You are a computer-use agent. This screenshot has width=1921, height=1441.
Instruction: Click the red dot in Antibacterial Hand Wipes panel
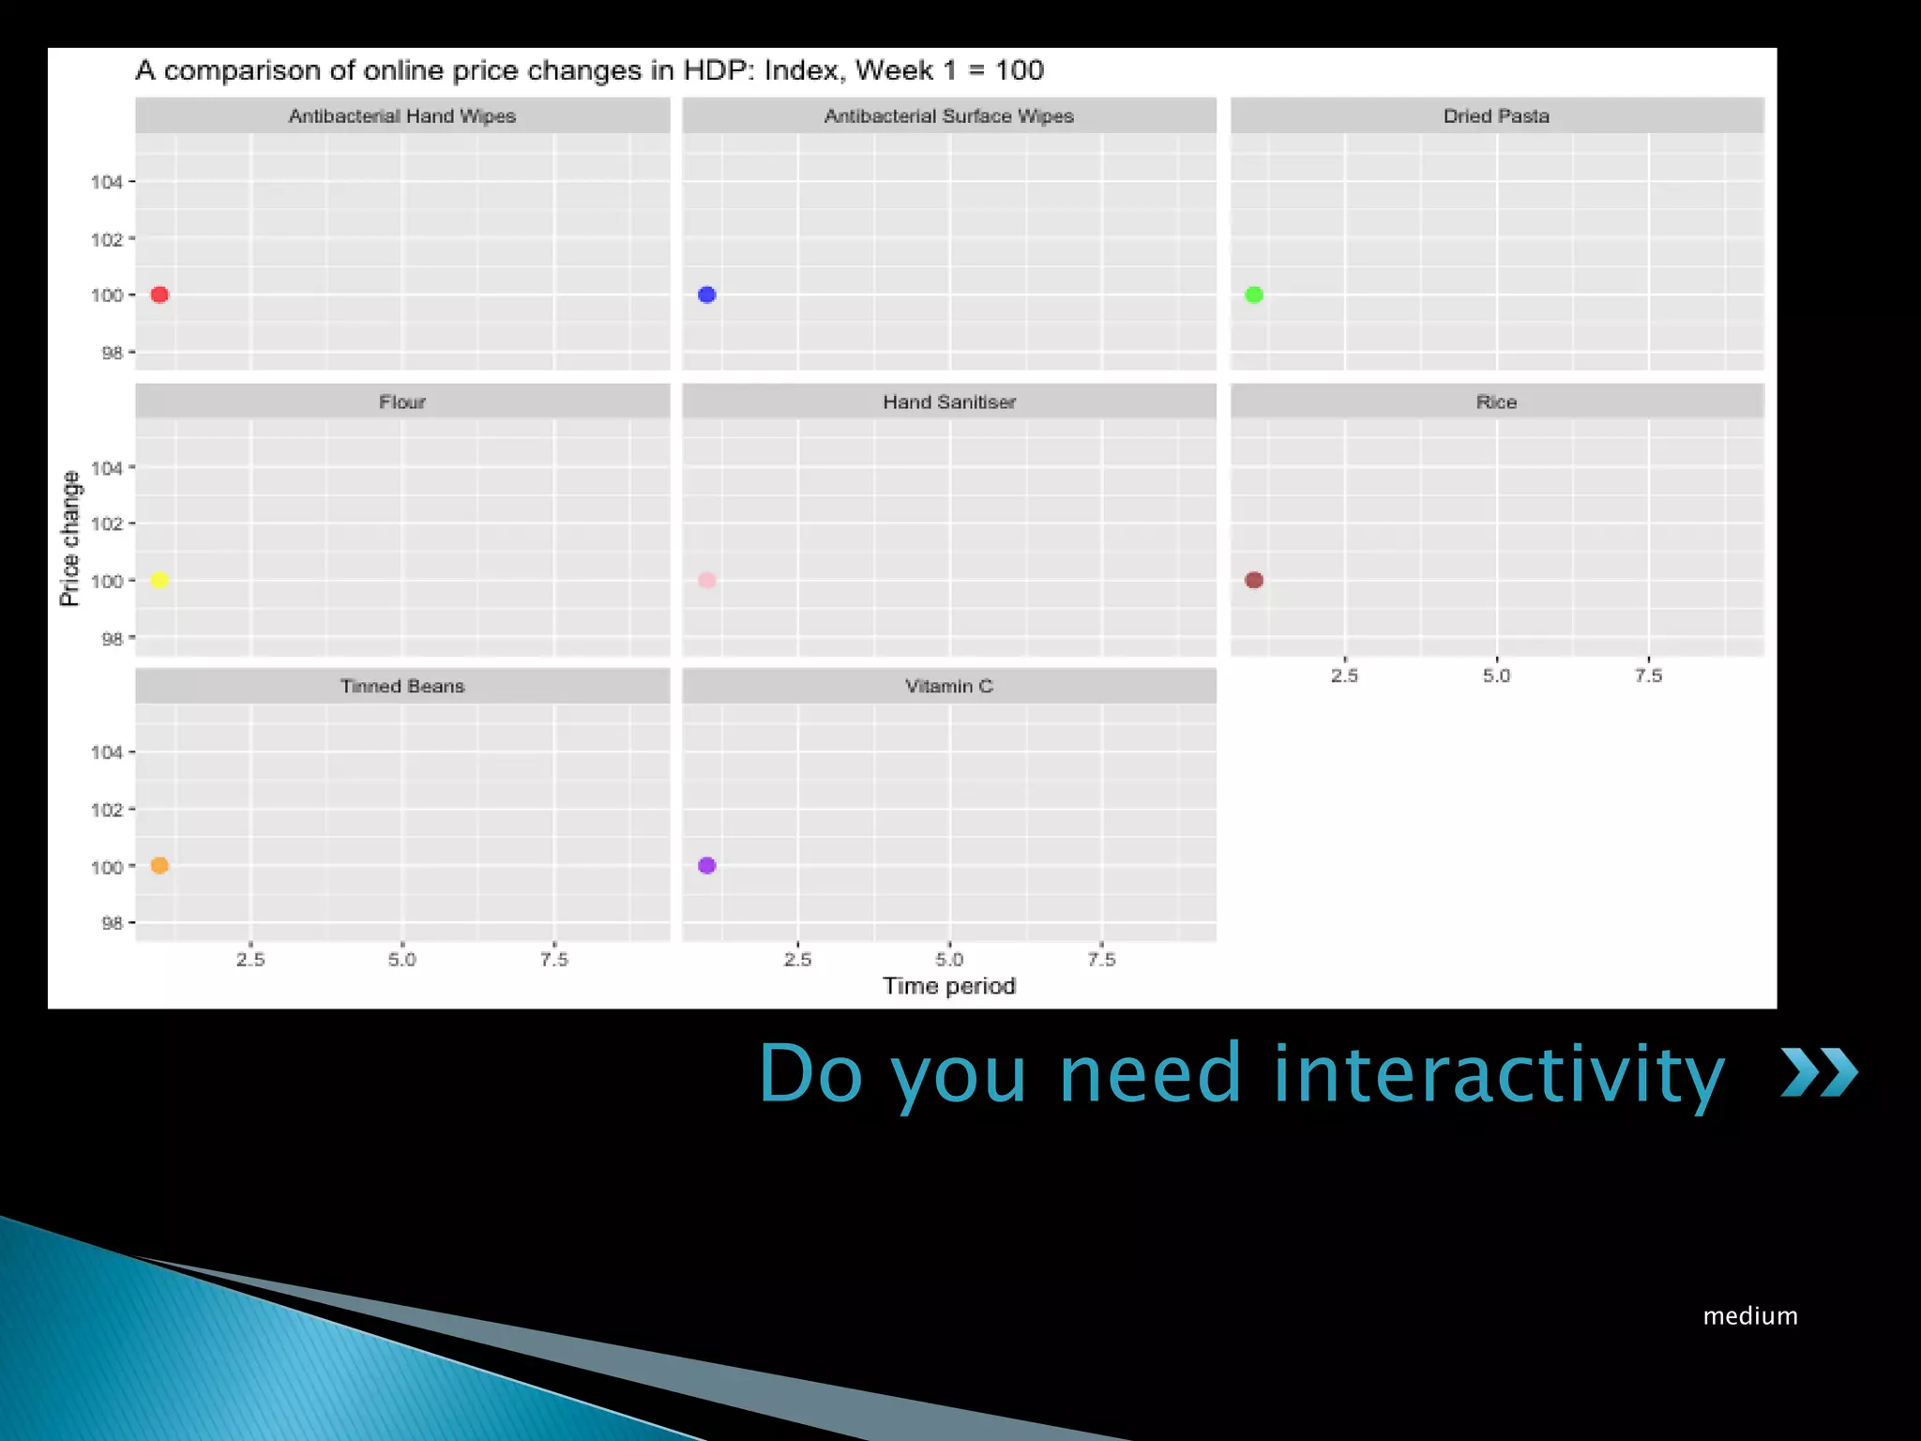(159, 295)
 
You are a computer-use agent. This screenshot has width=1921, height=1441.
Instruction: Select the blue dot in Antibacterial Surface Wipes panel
(707, 295)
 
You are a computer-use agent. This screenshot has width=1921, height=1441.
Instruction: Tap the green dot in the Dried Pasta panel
(1254, 295)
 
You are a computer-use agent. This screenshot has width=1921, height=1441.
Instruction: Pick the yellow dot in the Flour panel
(159, 580)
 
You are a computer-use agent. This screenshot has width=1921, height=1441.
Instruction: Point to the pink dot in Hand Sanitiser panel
(707, 580)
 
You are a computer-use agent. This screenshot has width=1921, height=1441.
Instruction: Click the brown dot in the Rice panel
(1254, 580)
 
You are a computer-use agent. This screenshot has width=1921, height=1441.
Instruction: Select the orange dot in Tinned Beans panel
(159, 865)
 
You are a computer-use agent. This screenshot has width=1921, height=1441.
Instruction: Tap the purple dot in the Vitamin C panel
(707, 865)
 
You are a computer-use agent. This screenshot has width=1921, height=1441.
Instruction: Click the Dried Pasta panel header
(1496, 115)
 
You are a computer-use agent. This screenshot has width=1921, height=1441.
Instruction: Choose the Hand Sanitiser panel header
(948, 402)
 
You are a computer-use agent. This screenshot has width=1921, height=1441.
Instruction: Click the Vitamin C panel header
(948, 686)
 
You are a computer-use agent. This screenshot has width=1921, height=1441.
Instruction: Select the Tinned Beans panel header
(402, 686)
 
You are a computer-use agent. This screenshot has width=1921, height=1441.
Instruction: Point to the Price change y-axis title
(69, 538)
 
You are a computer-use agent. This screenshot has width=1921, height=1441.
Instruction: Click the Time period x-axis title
(948, 986)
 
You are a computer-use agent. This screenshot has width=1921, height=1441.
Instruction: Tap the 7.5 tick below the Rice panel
(1648, 675)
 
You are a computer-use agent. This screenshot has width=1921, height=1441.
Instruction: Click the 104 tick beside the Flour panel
(107, 467)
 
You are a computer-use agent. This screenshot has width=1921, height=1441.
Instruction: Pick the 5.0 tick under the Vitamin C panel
(949, 960)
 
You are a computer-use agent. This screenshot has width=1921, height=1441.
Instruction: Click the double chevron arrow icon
(1819, 1072)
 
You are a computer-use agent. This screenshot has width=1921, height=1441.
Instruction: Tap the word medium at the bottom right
(1750, 1316)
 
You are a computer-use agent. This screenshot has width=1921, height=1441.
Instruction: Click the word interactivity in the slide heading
(1498, 1074)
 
